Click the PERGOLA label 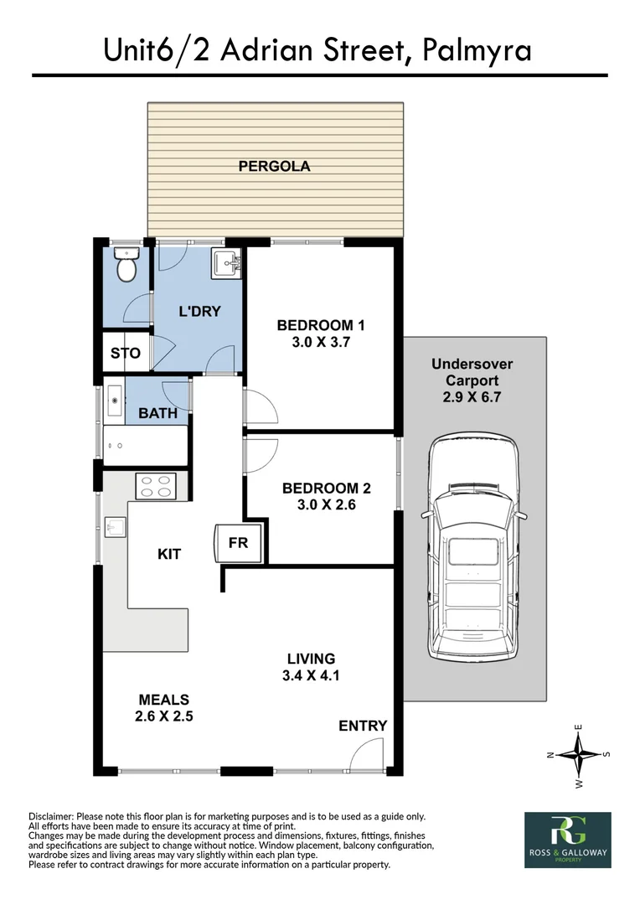[x=274, y=166]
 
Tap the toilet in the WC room [x=125, y=267]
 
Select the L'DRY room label [x=199, y=311]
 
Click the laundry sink [x=226, y=264]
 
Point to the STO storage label [x=125, y=353]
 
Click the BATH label [x=157, y=413]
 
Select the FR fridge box [x=239, y=543]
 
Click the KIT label [x=168, y=554]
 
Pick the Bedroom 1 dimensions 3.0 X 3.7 [x=321, y=342]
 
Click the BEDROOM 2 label [x=326, y=488]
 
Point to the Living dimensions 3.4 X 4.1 [x=312, y=675]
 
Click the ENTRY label [x=363, y=726]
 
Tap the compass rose [x=578, y=754]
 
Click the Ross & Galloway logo [x=567, y=840]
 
